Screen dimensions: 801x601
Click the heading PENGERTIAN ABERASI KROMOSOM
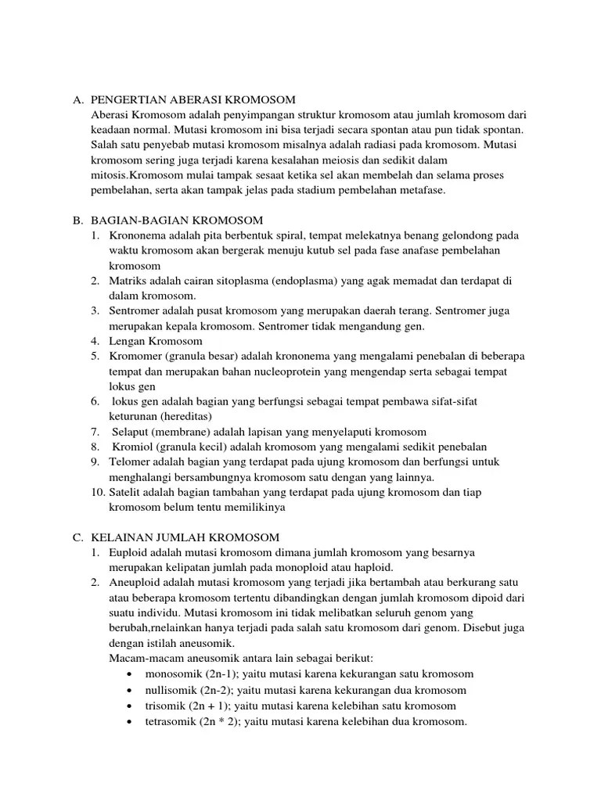(193, 100)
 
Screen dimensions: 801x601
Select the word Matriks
(127, 281)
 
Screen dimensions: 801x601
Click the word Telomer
(129, 462)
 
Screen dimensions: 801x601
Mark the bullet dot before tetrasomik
(128, 721)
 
